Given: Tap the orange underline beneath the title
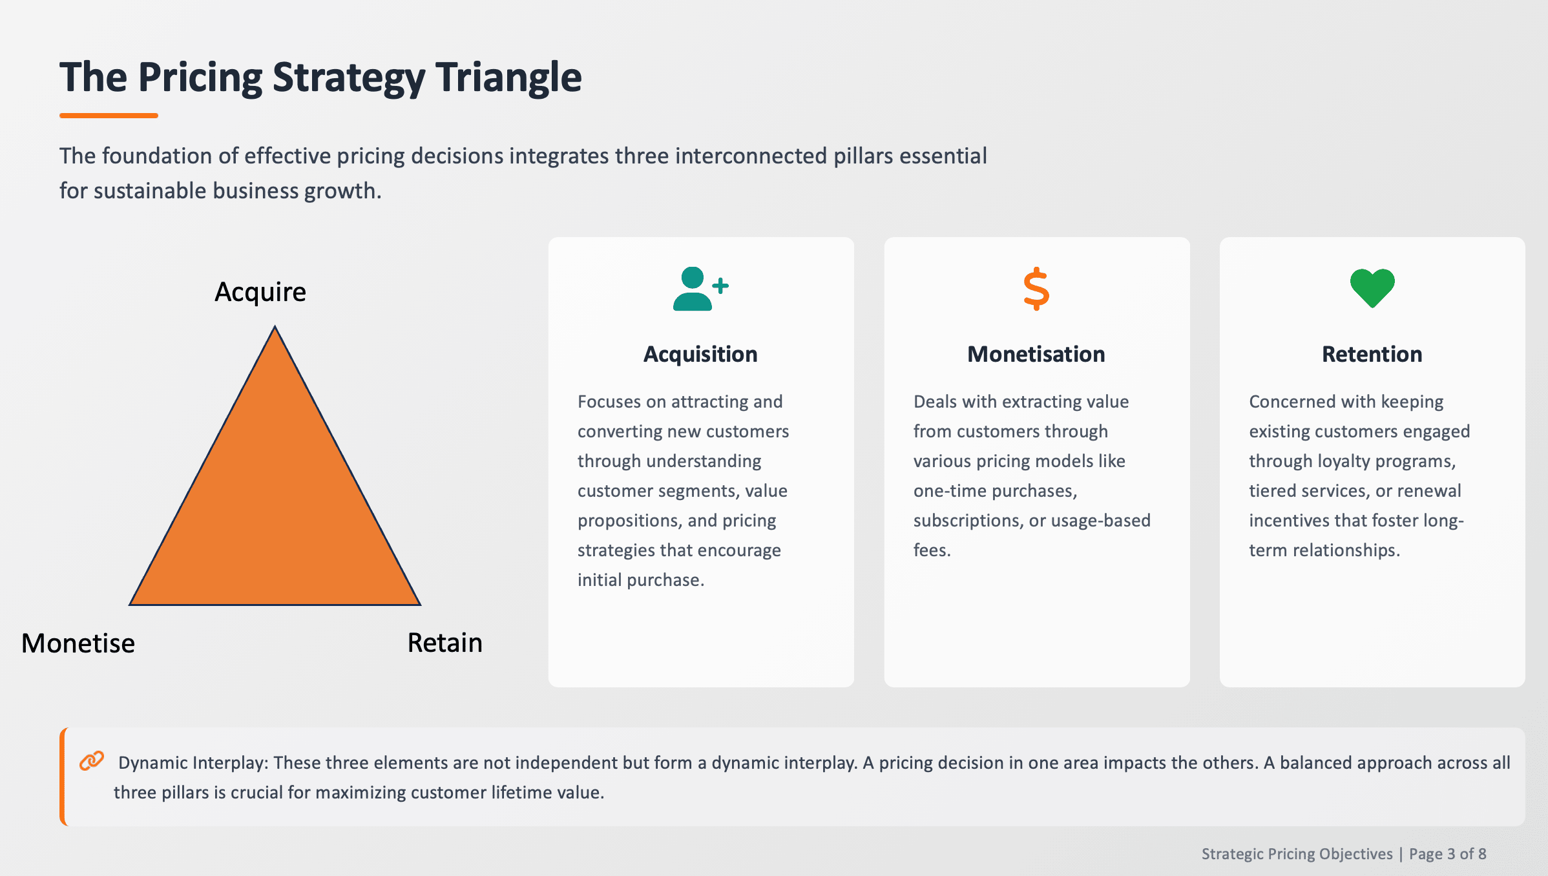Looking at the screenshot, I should [x=109, y=116].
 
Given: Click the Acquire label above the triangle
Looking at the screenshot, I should [x=260, y=292].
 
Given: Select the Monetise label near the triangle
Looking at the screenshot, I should [x=78, y=643].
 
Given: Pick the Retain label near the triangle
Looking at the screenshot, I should [x=445, y=643].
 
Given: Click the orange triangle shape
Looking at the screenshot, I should [x=275, y=504].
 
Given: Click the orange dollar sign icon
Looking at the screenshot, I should [x=1036, y=289].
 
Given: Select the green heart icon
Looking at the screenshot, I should [x=1372, y=288].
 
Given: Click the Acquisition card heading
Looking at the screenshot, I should [x=700, y=354].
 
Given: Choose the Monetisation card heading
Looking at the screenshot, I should [x=1036, y=354].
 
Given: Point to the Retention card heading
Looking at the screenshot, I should [x=1372, y=354].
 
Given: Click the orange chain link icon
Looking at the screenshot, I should [x=92, y=761].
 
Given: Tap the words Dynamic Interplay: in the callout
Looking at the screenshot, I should [x=193, y=763].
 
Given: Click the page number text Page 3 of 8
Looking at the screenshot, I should [x=1447, y=854].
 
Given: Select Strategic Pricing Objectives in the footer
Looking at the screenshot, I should [x=1297, y=854].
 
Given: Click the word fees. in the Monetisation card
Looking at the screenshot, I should [x=932, y=550].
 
